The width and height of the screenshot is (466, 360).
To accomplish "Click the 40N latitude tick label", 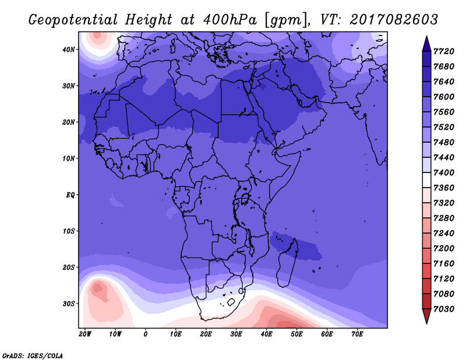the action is pos(68,50).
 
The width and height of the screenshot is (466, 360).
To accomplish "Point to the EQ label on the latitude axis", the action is pos(70,195).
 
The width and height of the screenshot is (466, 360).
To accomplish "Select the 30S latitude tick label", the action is pos(68,304).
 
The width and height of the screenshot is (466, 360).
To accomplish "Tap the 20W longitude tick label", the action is pos(84,334).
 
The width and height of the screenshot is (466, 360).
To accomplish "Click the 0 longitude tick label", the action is pos(145,334).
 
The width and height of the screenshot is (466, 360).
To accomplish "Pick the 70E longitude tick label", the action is pos(357,334).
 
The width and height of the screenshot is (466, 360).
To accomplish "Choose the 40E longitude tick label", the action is pos(266,334).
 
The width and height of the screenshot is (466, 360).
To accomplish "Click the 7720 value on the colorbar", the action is pos(444,51).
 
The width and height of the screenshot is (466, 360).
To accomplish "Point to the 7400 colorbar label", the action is pos(444,172).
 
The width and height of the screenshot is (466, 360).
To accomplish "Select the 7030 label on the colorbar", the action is pos(444,309).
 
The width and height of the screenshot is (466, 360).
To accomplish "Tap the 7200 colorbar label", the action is pos(444,249).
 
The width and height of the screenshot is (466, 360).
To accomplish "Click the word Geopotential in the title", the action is pos(73,20).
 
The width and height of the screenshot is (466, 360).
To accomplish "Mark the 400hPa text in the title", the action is pos(230,20).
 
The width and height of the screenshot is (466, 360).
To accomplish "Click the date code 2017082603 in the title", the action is pos(394,20).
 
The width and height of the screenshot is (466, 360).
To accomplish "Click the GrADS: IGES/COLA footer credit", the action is pos(33,355).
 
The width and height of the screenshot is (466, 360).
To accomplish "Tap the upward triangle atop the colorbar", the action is pos(426,44).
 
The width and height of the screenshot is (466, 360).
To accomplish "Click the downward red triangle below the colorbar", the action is pos(426,316).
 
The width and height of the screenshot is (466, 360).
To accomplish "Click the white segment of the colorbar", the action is pos(426,180).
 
